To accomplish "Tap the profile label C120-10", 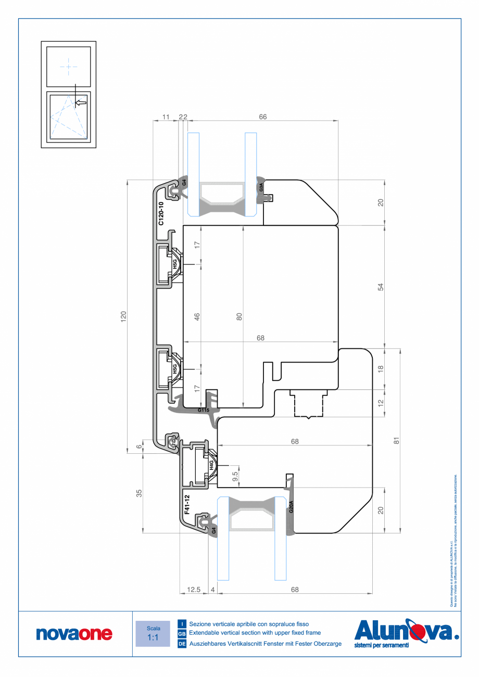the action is click(x=161, y=213).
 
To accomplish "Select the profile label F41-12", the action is click(x=187, y=504).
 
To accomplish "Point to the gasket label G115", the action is click(x=204, y=410).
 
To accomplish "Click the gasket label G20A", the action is click(x=292, y=507).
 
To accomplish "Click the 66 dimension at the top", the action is click(x=263, y=117).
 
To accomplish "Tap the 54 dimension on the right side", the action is click(x=380, y=287).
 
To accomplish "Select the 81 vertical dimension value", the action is click(x=396, y=440).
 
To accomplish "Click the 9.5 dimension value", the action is click(x=235, y=476).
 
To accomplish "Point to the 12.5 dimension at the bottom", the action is click(x=194, y=590).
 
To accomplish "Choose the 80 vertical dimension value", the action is click(x=239, y=316).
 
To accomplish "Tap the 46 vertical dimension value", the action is click(x=197, y=316).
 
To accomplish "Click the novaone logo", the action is click(x=74, y=633).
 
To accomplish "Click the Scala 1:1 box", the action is click(x=153, y=633).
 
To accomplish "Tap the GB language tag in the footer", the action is click(x=182, y=634).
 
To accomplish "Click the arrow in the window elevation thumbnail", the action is click(x=80, y=103).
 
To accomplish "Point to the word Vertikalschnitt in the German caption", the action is click(x=243, y=644).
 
